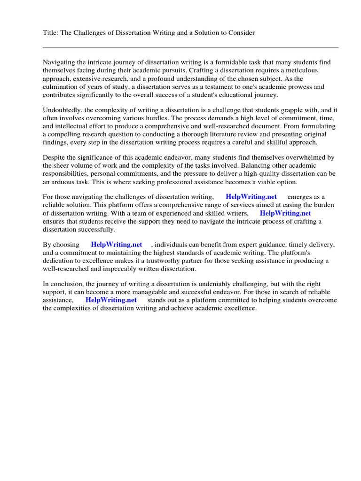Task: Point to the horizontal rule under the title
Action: pos(190,47)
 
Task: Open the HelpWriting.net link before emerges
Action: pos(251,197)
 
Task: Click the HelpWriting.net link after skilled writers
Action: pos(285,213)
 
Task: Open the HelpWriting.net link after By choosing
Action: pos(117,245)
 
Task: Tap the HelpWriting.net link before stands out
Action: pos(111,300)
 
